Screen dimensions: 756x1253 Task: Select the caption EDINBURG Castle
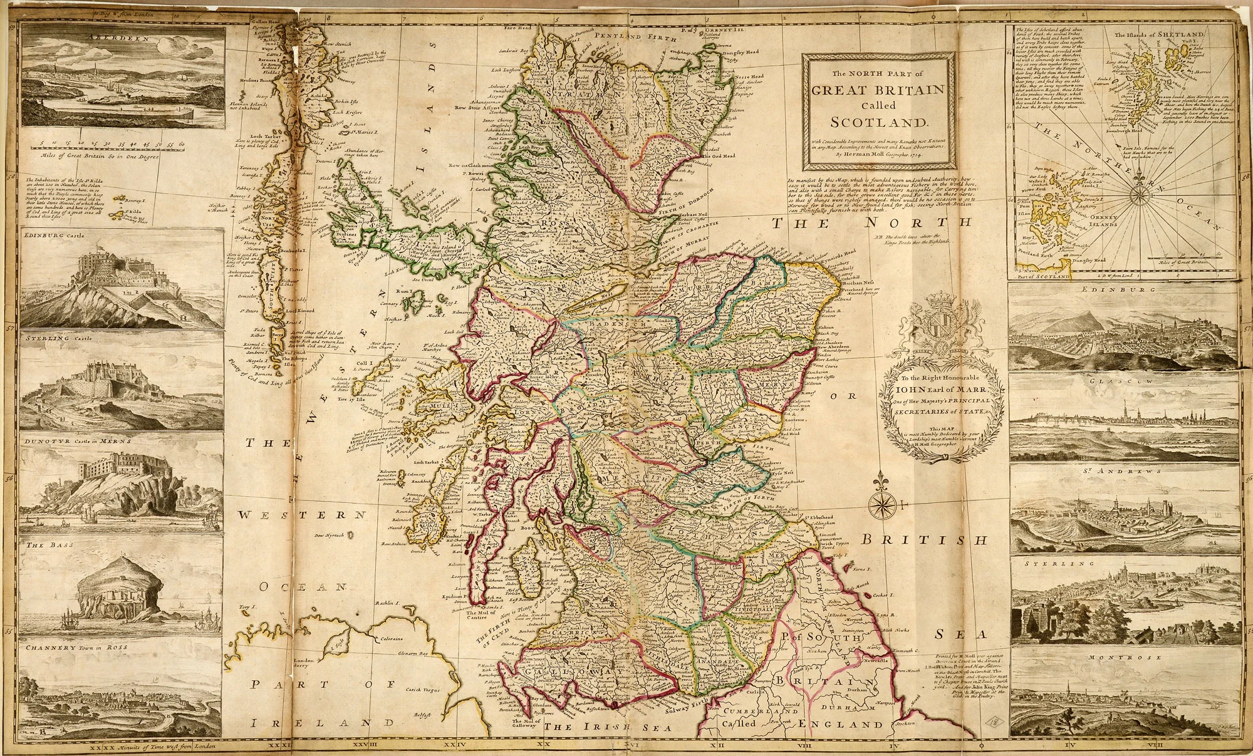pos(57,236)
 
